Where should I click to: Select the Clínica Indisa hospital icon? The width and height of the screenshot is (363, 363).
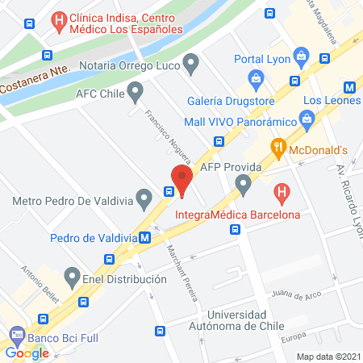[x=59, y=19]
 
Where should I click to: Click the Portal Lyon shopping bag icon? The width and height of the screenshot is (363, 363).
[x=302, y=56]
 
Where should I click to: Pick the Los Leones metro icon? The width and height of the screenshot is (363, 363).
[x=349, y=87]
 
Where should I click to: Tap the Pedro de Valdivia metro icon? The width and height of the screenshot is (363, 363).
[x=144, y=238]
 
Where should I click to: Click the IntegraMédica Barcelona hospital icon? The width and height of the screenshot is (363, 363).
[x=281, y=193]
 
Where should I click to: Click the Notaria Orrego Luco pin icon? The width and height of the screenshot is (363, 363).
[x=191, y=61]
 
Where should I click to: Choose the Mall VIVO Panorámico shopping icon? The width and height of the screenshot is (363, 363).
[x=306, y=120]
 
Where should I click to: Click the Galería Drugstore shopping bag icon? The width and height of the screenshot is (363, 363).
[x=256, y=79]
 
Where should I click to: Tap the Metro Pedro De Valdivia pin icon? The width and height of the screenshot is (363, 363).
[x=144, y=197]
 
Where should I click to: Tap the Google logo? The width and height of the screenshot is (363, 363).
[x=27, y=353]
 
